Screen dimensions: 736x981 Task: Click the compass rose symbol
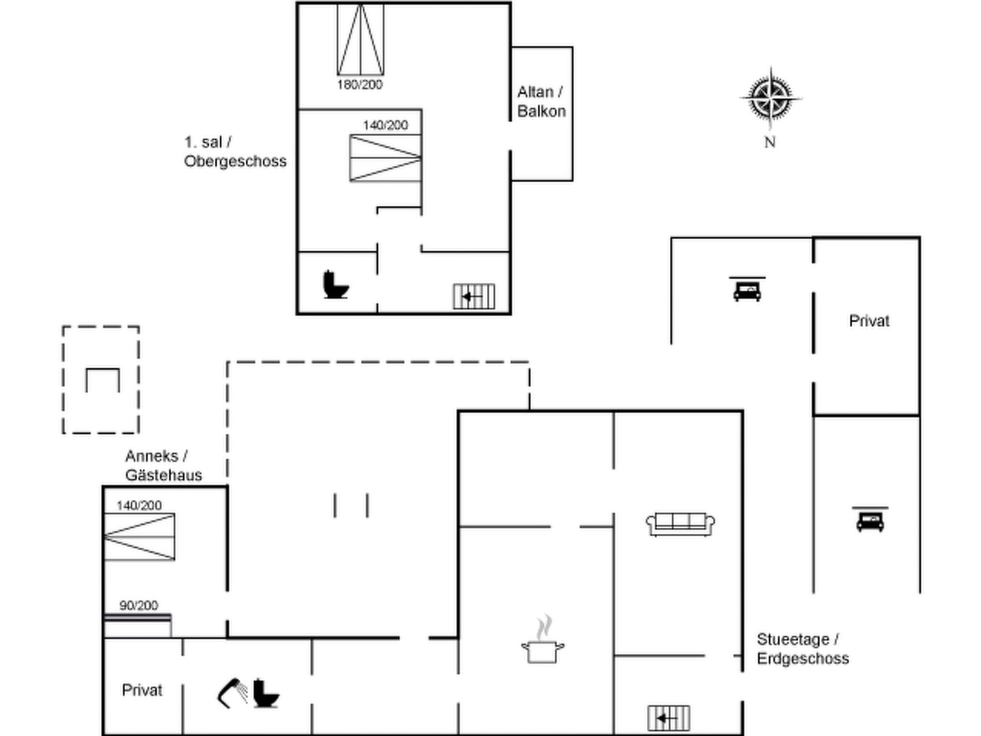click(770, 98)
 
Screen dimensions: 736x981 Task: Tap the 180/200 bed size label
click(360, 85)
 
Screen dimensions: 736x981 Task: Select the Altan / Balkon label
click(541, 102)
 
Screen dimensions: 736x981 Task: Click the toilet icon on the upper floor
click(336, 285)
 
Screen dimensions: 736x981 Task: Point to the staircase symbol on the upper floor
click(474, 297)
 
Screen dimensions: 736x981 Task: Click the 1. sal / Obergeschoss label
click(235, 151)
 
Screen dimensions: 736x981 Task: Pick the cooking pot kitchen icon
click(543, 642)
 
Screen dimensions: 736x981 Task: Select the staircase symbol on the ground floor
click(669, 718)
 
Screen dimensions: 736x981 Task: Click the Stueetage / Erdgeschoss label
click(802, 649)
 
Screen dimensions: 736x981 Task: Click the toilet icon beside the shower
click(265, 693)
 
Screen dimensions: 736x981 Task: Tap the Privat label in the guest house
click(142, 690)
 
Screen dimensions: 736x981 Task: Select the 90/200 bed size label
click(138, 606)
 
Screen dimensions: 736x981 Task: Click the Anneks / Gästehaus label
click(163, 465)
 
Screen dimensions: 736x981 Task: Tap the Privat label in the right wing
click(869, 321)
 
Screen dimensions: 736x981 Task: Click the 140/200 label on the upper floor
click(385, 126)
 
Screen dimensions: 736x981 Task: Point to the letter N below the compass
click(770, 142)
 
